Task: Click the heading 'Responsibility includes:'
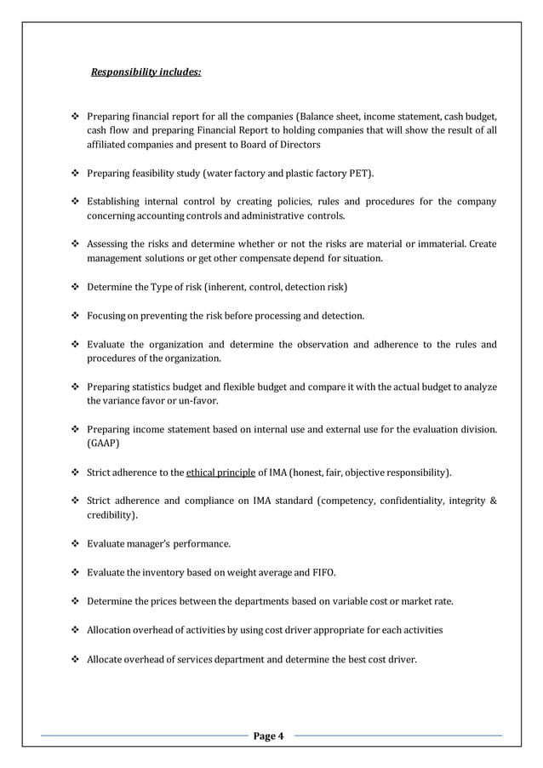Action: [x=146, y=72]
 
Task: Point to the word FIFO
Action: [x=320, y=572]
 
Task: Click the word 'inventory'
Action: [x=169, y=572]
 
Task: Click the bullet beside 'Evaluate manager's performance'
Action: [x=76, y=543]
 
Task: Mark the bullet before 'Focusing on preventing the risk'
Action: [x=76, y=316]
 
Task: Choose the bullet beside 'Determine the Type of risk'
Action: [x=76, y=287]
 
